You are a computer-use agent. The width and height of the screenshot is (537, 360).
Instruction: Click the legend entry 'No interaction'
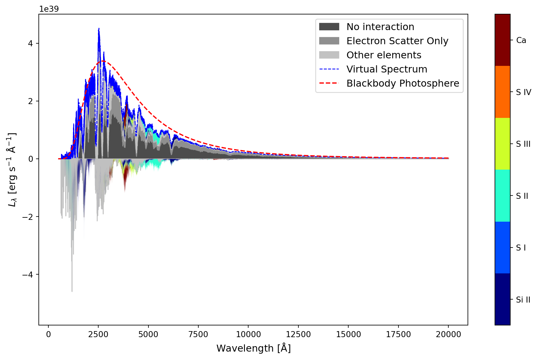click(x=380, y=27)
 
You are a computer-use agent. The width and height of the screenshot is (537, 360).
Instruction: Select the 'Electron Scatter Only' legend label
click(x=397, y=41)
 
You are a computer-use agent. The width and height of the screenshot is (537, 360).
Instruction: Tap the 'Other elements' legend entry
click(x=384, y=55)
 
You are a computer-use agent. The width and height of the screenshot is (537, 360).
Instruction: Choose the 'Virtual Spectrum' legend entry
click(x=386, y=69)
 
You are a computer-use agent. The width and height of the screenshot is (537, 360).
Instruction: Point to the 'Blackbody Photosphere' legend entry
click(x=403, y=83)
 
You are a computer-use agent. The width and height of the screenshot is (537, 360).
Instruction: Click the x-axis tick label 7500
click(x=198, y=334)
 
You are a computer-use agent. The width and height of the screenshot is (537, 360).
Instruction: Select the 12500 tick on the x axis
click(x=298, y=334)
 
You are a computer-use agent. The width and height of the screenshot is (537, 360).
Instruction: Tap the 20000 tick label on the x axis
click(x=448, y=334)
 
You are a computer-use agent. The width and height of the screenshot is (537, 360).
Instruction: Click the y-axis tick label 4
click(x=30, y=43)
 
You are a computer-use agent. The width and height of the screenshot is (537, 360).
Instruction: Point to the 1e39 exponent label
click(x=49, y=9)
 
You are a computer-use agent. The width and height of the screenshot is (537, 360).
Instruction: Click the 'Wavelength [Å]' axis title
click(x=253, y=348)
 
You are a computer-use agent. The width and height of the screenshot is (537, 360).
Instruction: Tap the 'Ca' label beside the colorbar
click(x=521, y=40)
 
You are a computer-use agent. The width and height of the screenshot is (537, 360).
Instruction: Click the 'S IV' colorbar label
click(x=523, y=92)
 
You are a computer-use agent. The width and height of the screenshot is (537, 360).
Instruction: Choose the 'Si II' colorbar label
click(x=523, y=300)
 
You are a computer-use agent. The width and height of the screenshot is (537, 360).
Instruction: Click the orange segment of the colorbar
click(x=502, y=92)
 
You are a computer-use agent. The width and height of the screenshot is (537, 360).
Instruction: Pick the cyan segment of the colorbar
click(x=502, y=195)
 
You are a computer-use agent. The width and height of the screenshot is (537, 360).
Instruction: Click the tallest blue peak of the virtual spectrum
click(x=99, y=29)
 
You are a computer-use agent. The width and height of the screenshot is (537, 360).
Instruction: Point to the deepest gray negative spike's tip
click(x=72, y=291)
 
